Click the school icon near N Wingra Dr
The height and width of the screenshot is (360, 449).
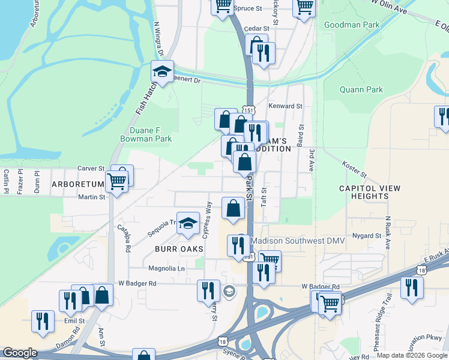(161, 71)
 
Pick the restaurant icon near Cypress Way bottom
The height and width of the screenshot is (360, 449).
(208, 290)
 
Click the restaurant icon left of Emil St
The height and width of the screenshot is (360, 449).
(43, 321)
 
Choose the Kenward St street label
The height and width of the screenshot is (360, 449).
(285, 106)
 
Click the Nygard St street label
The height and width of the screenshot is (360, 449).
(367, 236)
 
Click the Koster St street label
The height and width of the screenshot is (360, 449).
(354, 169)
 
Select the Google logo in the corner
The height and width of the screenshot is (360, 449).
(20, 353)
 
